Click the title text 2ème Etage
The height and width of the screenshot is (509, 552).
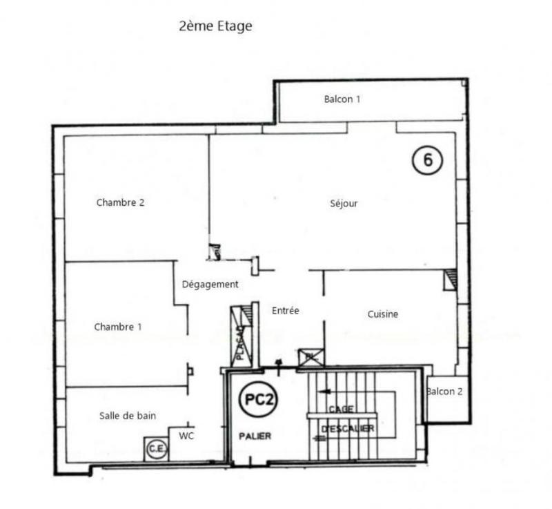[x=215, y=27]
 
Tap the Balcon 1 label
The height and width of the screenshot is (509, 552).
[x=342, y=99]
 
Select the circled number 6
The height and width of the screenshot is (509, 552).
[x=428, y=160]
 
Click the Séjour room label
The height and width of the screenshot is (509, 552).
[x=344, y=204]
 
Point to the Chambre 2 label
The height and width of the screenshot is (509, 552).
[x=120, y=203]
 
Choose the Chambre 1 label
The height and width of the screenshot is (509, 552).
[x=118, y=327]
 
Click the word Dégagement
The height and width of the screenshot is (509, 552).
[x=210, y=285]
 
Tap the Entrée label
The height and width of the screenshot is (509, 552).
[x=285, y=311]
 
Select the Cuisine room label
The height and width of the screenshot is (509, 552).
[x=382, y=314]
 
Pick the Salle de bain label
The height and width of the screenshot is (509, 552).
[x=128, y=416]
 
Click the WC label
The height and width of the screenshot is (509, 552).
[x=186, y=436]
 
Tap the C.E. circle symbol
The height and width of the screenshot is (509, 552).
[x=156, y=450]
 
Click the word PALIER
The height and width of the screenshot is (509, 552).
[x=255, y=436]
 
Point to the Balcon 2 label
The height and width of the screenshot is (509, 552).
[x=445, y=392]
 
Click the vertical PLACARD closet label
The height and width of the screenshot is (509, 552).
[x=241, y=344]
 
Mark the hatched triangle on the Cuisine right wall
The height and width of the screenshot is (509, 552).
[x=450, y=279]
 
